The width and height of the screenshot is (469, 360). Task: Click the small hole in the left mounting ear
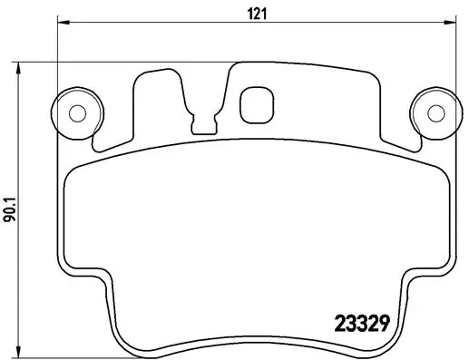tap(78, 112)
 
